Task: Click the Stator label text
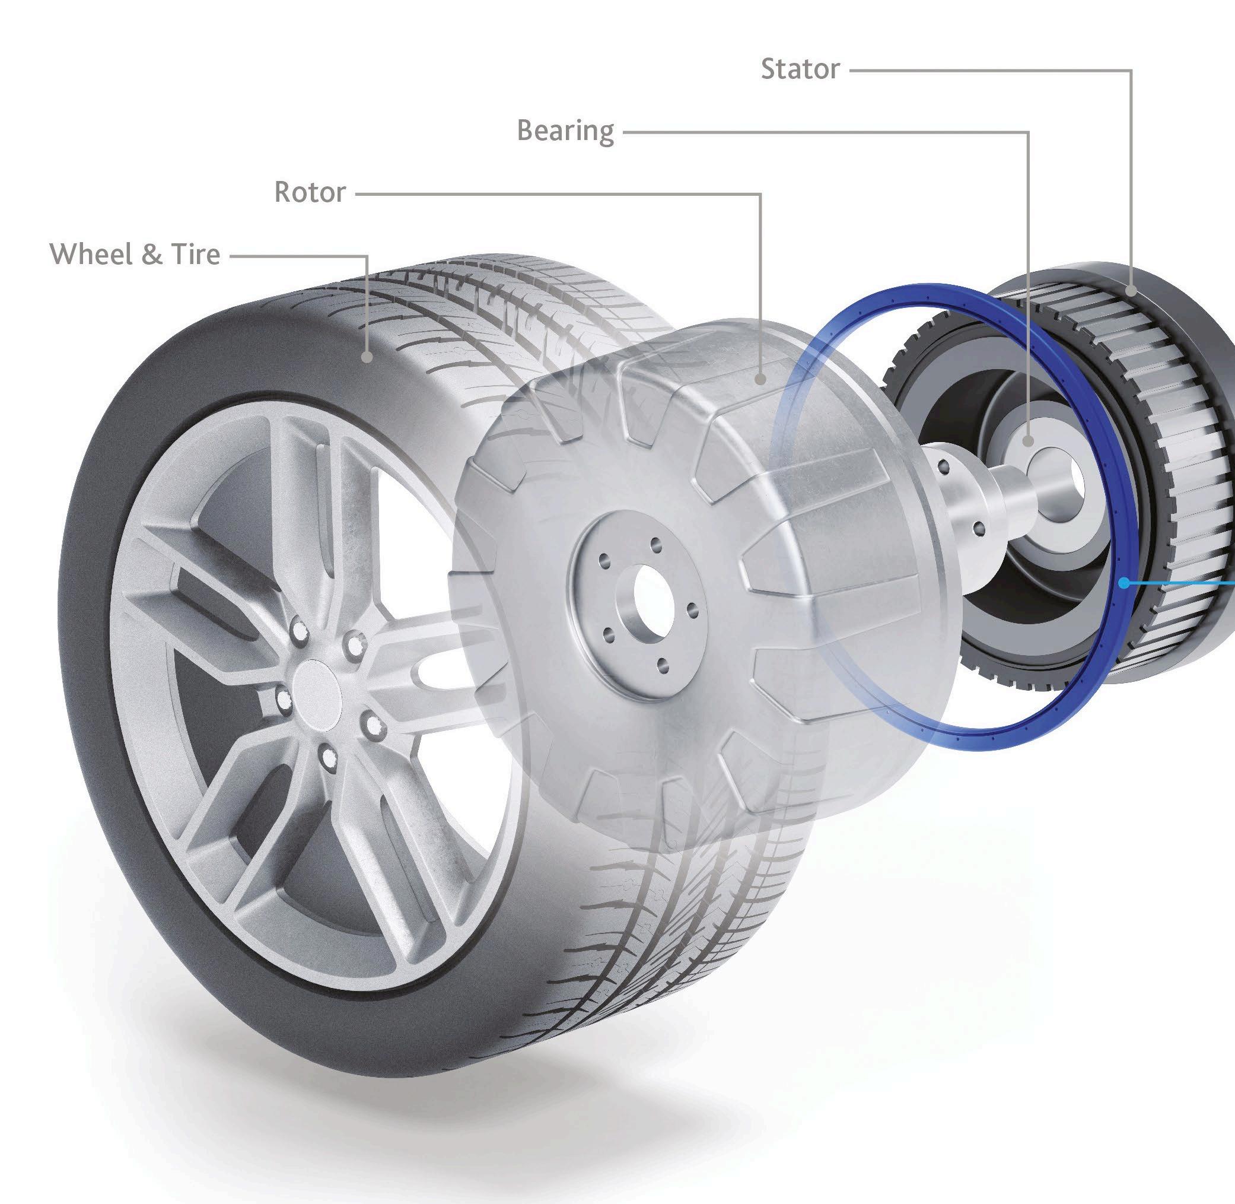click(800, 69)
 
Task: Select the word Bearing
click(565, 131)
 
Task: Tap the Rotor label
click(310, 192)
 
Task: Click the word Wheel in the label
click(91, 254)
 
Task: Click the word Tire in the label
click(195, 254)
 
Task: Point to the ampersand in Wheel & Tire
click(152, 254)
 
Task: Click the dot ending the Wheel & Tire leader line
click(367, 357)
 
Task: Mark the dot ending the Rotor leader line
click(760, 379)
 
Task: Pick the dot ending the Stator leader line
click(1131, 291)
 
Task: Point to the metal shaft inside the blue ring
click(1011, 500)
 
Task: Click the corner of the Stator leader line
click(1131, 71)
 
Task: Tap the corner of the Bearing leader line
click(1029, 132)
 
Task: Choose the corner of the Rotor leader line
click(760, 194)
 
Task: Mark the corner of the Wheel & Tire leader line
click(367, 256)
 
